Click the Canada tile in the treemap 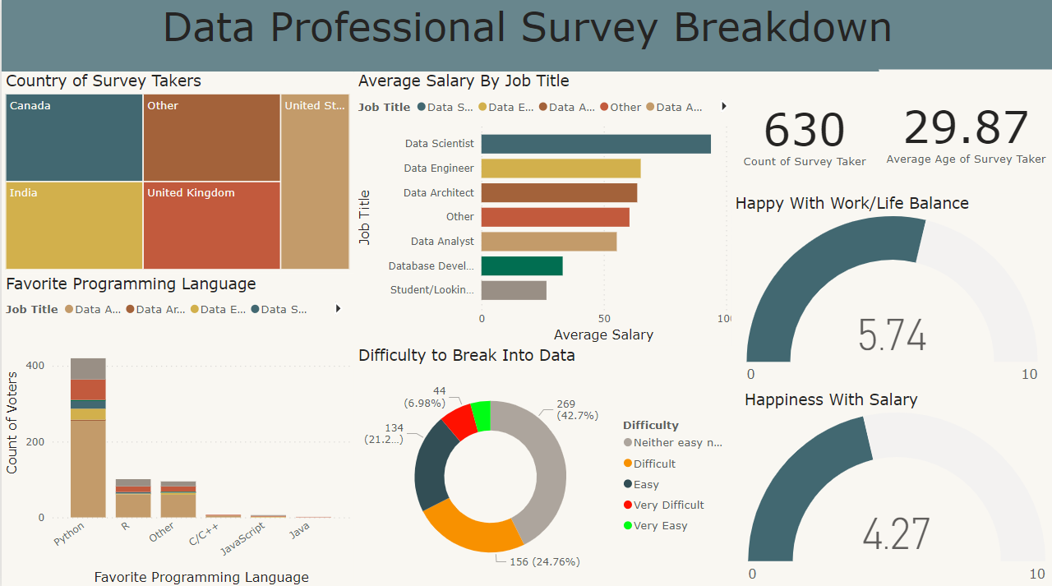click(x=74, y=138)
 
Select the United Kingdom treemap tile click(x=211, y=225)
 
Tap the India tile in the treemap click(x=74, y=225)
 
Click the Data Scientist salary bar click(x=596, y=144)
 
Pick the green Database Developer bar click(x=522, y=266)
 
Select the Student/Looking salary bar click(x=514, y=290)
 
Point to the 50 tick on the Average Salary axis click(x=604, y=318)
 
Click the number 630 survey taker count click(x=804, y=131)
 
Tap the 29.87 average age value click(x=966, y=128)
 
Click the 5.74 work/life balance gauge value click(x=892, y=335)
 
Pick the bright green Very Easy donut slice click(x=482, y=415)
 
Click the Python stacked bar click(x=88, y=444)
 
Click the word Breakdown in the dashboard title click(x=782, y=27)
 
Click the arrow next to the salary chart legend click(x=724, y=106)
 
